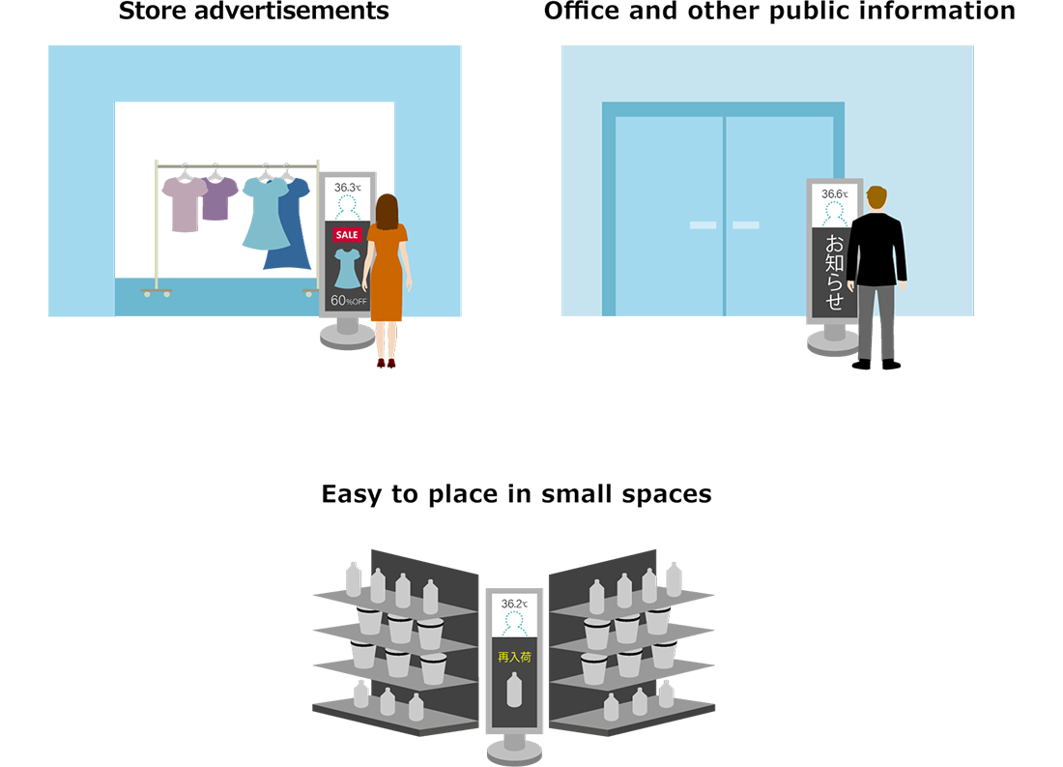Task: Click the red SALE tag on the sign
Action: click(x=346, y=235)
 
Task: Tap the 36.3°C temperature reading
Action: click(x=347, y=188)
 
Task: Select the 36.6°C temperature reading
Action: click(x=835, y=194)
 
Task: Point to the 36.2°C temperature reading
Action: click(x=514, y=604)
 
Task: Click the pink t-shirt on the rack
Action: click(x=184, y=204)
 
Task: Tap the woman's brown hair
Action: click(x=388, y=212)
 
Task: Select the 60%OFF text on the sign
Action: click(x=349, y=300)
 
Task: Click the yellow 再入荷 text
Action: click(x=514, y=657)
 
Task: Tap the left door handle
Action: click(x=703, y=225)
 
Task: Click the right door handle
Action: click(x=746, y=225)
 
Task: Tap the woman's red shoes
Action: click(x=386, y=363)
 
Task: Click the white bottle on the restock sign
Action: click(x=514, y=690)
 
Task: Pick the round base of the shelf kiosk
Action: click(x=514, y=752)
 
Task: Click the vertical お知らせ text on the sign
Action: click(x=835, y=272)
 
